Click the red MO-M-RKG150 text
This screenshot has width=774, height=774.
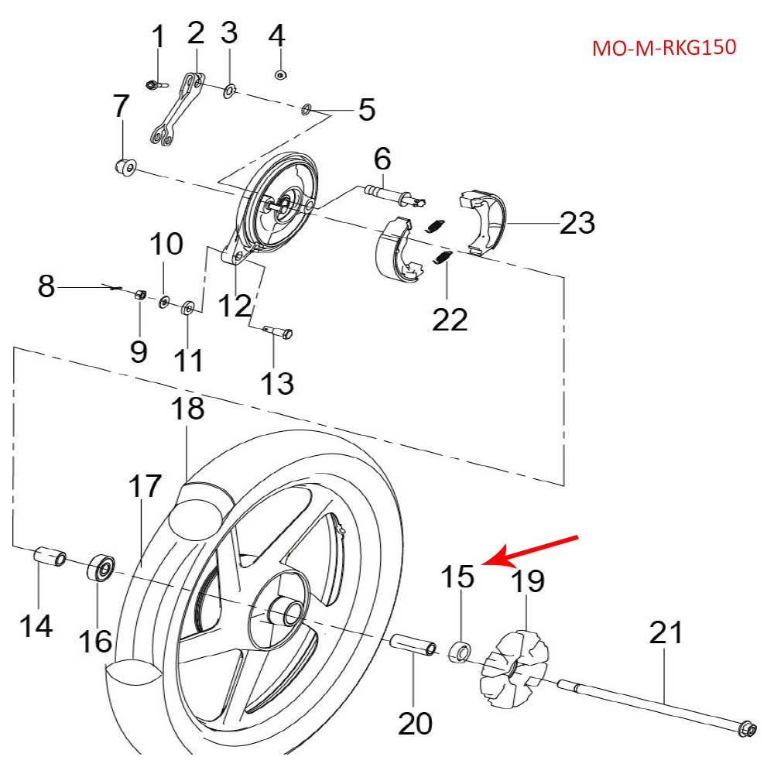[x=663, y=48]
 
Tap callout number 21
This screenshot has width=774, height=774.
[x=666, y=632]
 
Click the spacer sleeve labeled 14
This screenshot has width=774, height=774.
[x=50, y=557]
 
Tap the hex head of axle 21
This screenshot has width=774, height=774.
[x=747, y=728]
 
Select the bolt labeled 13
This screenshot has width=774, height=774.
[x=276, y=332]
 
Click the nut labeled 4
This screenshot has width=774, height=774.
[x=279, y=75]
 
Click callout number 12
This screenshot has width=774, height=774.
[x=233, y=305]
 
